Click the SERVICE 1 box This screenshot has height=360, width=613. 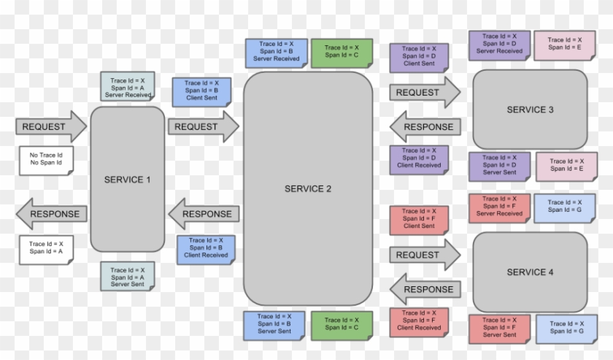coord(127,180)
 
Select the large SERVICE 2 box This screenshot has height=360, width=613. coord(307,188)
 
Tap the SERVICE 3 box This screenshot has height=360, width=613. coord(530,110)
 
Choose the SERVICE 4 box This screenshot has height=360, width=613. coord(530,272)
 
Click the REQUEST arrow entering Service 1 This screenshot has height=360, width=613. coord(50,126)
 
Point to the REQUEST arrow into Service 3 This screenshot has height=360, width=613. coord(424,93)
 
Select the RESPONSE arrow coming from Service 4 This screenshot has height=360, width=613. coord(425,289)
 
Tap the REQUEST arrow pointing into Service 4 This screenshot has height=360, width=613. coord(424,255)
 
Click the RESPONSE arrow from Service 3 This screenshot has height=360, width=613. coord(425,127)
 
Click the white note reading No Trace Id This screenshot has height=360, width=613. coord(45,159)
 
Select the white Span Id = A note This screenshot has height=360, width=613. coord(45,248)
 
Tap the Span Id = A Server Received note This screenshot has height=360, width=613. coord(128,88)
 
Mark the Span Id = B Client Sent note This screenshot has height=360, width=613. coord(201,91)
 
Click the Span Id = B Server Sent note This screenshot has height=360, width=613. coord(274,324)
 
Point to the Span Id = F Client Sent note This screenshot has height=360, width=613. coord(419,219)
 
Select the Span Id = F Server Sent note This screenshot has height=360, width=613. coord(499,327)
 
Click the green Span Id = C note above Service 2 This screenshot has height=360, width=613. coord(342,52)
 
